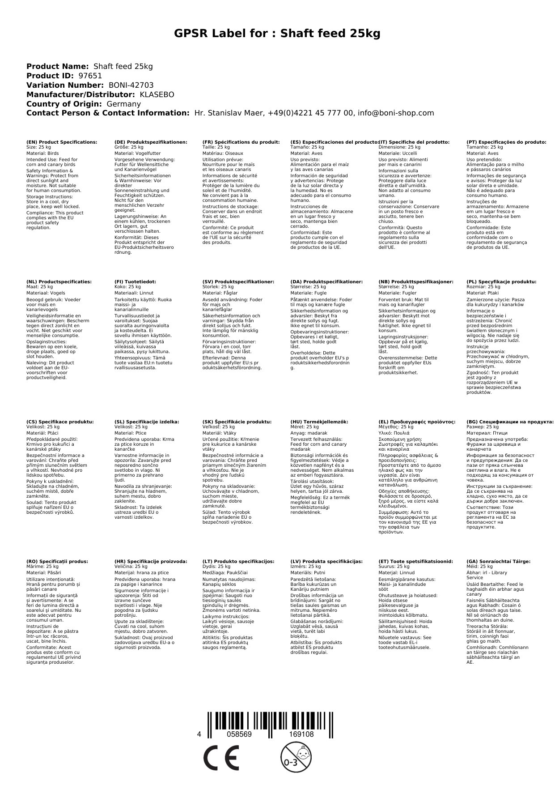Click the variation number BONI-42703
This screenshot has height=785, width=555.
click(131, 85)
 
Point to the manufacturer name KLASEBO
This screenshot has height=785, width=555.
click(157, 94)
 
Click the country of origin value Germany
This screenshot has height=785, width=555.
click(123, 104)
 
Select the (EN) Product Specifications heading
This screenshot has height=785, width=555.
click(62, 142)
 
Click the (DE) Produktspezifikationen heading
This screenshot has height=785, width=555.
click(151, 142)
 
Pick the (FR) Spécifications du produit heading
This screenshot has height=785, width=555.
click(241, 142)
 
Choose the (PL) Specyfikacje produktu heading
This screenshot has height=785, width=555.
click(501, 282)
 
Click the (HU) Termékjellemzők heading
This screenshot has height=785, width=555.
click(319, 422)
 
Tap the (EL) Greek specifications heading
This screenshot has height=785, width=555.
click(417, 422)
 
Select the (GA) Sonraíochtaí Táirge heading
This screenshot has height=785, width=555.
click(498, 561)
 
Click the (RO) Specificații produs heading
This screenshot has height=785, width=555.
click(57, 561)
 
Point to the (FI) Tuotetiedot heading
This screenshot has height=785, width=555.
click(135, 282)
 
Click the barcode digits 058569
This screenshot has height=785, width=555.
click(239, 734)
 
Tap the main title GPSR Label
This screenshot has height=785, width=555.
click(277, 34)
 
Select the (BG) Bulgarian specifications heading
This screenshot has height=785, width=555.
click(510, 422)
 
